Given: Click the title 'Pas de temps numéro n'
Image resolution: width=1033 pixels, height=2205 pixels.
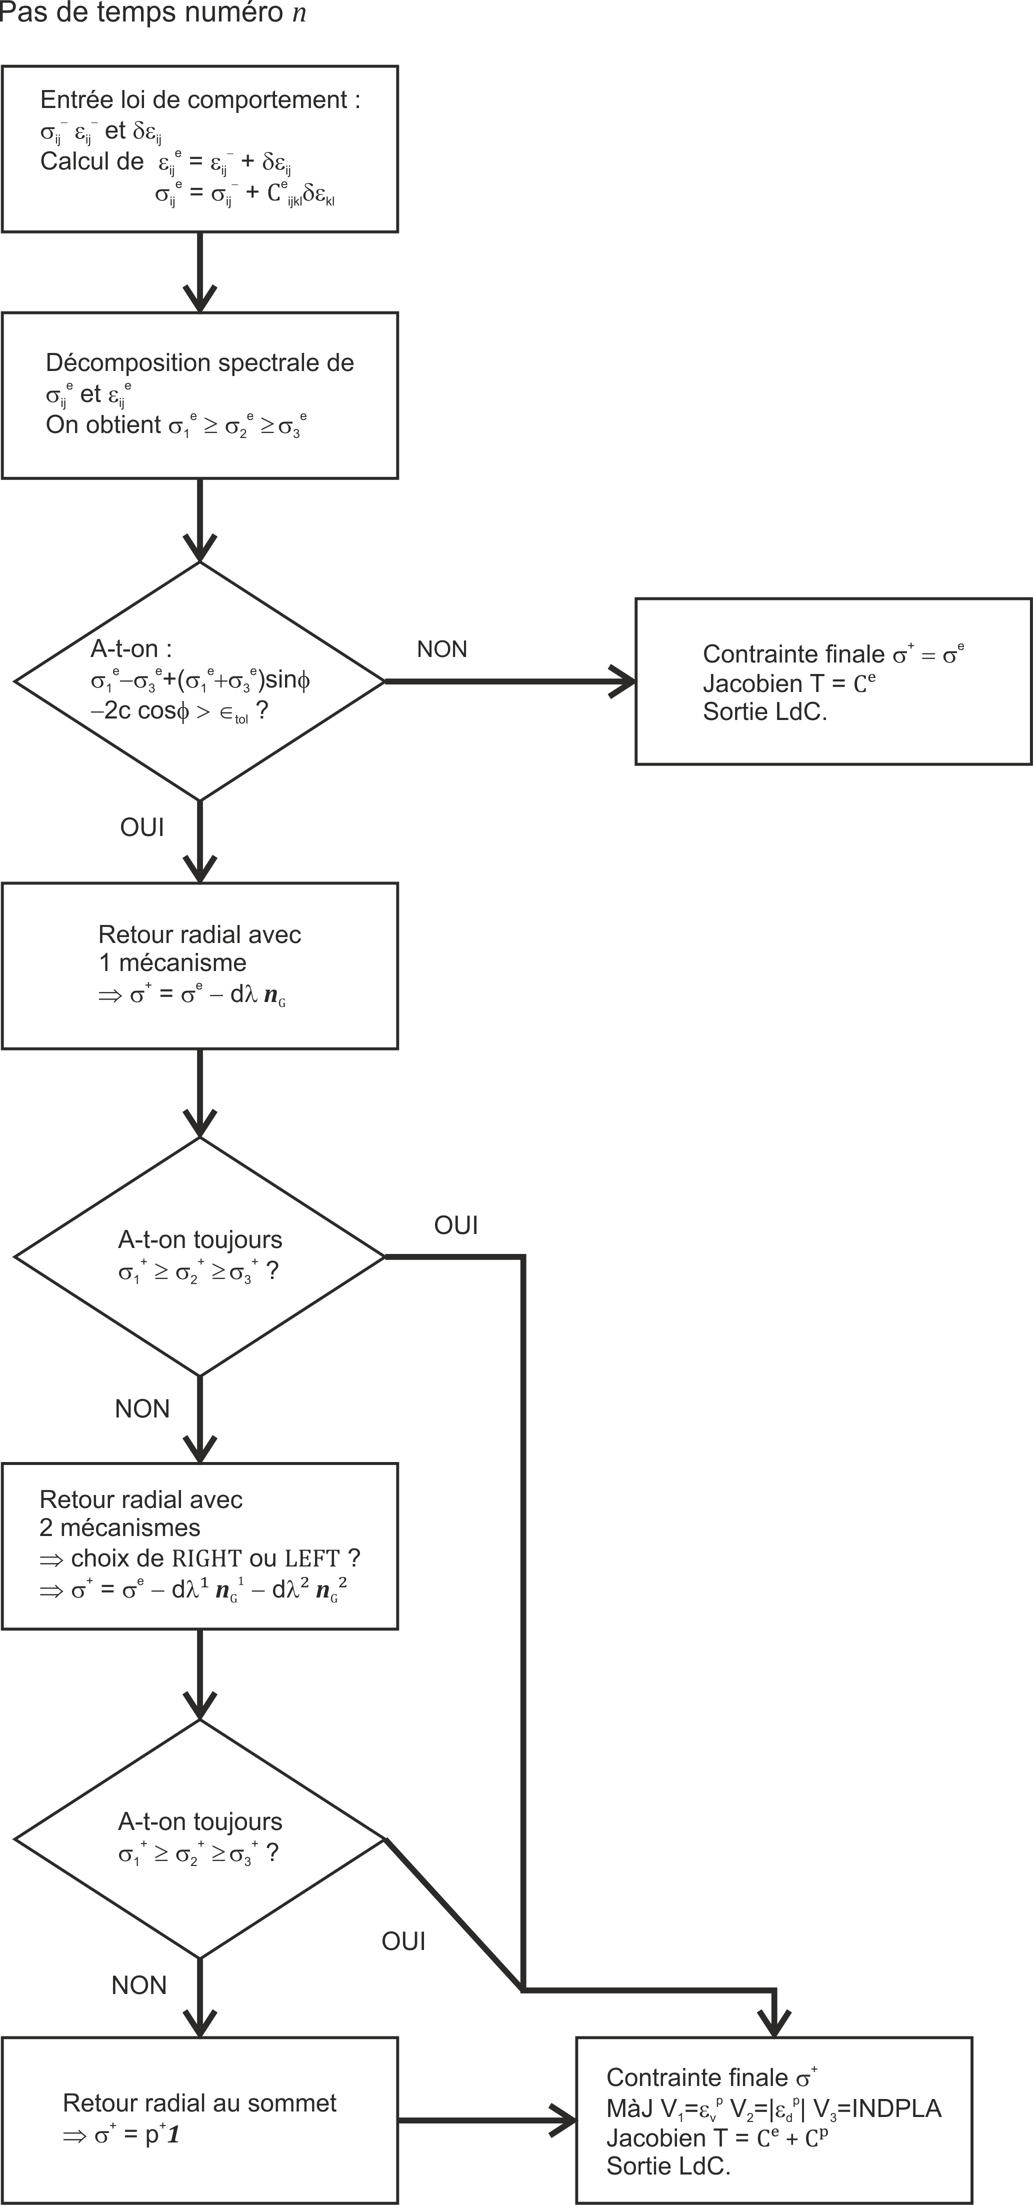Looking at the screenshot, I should pos(152,13).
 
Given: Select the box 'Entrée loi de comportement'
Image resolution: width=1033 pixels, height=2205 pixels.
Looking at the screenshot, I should pos(199,149).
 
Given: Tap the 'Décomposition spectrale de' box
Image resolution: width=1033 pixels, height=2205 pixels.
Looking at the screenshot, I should pos(199,395).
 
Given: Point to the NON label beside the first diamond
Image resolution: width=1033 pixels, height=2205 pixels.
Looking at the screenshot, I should pos(441,649).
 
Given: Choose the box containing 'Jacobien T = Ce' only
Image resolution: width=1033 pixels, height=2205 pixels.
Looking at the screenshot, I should pos(832,681).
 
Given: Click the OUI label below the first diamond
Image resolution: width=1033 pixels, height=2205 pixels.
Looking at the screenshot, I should pos(142,827).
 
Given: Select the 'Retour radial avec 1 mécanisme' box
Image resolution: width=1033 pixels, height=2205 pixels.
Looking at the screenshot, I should pos(199,965).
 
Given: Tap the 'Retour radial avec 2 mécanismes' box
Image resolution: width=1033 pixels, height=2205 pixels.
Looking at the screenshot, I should pos(199,1546).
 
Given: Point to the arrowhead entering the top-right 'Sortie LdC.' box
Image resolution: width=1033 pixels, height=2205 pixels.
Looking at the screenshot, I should pos(623,681).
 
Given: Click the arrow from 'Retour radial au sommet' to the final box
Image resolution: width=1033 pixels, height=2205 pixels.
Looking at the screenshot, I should pos(486,2120).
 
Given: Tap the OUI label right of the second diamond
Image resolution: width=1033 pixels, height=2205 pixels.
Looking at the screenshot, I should pos(455,1226).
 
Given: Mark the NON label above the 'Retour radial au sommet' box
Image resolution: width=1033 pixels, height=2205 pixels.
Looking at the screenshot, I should pos(138,1985).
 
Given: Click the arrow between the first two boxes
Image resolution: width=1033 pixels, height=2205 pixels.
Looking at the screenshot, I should pos(199,272).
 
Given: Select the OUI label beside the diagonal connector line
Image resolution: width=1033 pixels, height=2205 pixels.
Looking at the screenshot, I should pos(403,1941).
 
